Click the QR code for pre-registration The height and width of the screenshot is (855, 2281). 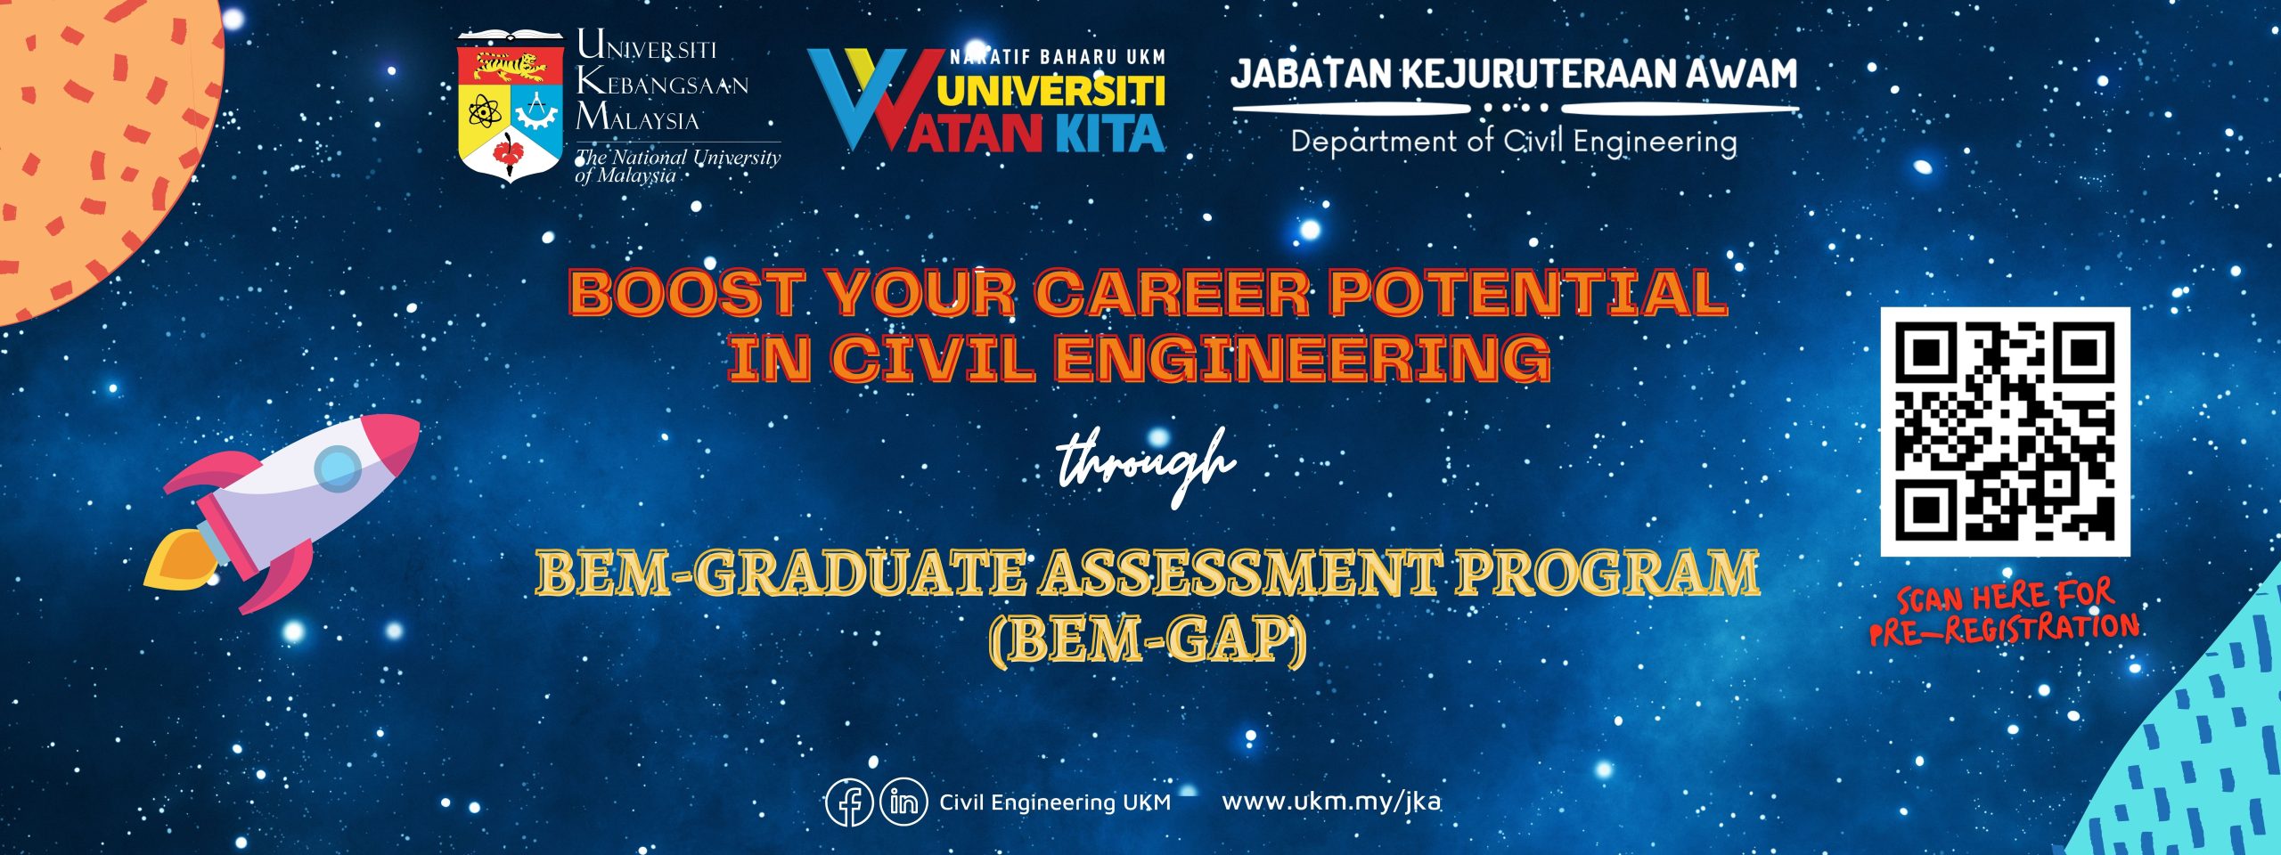[x=2005, y=432]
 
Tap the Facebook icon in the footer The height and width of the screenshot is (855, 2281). [x=849, y=802]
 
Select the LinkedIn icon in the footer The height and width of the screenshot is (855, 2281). [x=903, y=802]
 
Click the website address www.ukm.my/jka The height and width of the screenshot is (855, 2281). [x=1331, y=802]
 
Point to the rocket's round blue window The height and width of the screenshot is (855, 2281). [x=339, y=468]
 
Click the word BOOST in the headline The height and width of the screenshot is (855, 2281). [x=686, y=293]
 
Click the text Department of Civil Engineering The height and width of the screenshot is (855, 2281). [x=1514, y=142]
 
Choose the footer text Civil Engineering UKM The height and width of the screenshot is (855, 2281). [x=1055, y=802]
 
